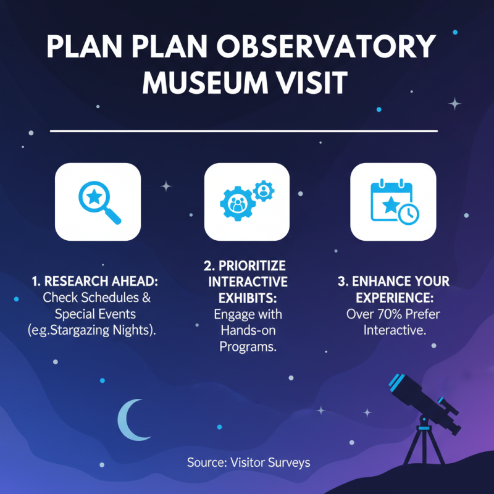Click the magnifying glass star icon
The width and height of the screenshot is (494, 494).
pos(99,202)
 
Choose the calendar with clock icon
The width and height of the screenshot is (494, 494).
pos(393,202)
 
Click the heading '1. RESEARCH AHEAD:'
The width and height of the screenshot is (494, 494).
pos(95,282)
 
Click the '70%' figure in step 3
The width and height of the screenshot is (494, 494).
pos(385,314)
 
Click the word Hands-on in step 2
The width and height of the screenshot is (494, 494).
pos(247,330)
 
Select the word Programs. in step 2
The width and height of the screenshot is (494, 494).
pos(247,346)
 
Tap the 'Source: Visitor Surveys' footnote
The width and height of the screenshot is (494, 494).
pos(249,463)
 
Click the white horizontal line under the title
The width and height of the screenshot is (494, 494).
pos(243,132)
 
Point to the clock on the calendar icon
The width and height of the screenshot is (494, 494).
pos(408,214)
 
